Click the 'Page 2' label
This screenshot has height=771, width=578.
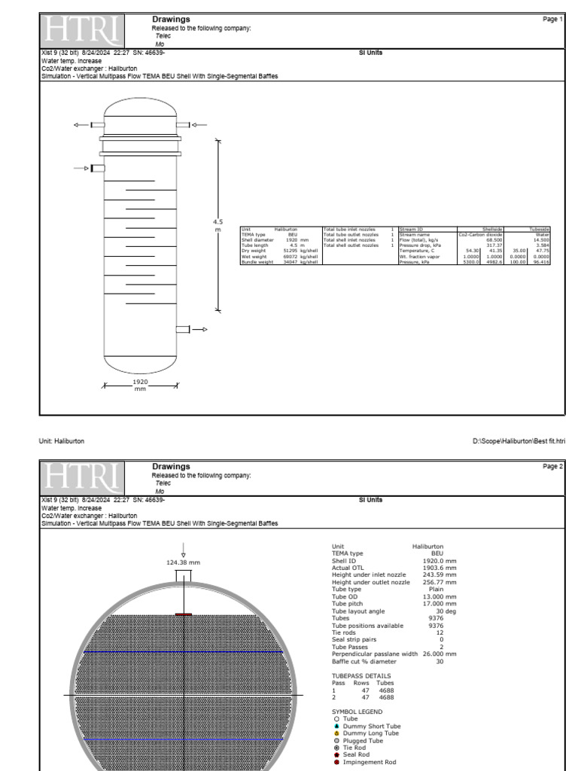[x=552, y=467]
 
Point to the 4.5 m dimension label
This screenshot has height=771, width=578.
[x=218, y=226]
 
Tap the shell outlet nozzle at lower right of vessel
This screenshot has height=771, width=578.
[x=183, y=329]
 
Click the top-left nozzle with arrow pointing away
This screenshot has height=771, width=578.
[x=97, y=125]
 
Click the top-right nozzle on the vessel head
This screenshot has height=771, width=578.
[x=183, y=125]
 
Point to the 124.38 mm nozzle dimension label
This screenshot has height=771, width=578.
[x=183, y=562]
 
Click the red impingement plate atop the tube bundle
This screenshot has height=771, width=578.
[x=184, y=614]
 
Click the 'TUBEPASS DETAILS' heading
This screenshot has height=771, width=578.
[x=361, y=675]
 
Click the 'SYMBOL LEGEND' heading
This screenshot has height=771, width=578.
[x=357, y=712]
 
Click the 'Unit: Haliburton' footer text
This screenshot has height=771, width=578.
[x=62, y=441]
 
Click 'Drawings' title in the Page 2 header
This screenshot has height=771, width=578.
[x=171, y=467]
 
